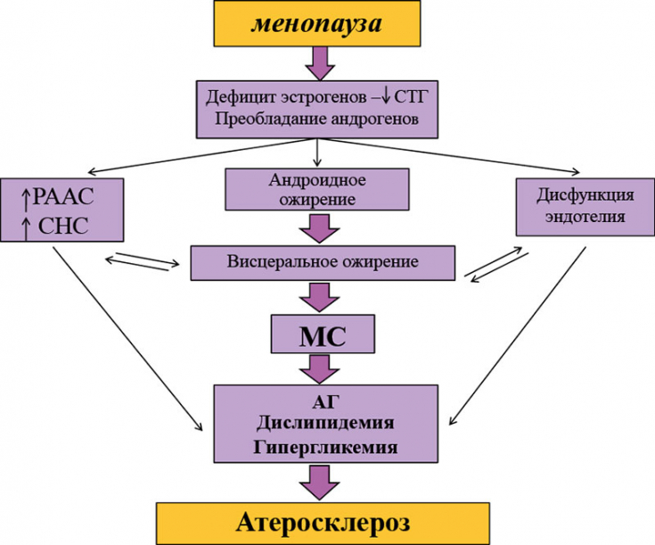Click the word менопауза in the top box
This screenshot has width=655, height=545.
[317, 23]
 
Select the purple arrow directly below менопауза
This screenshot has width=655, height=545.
[318, 62]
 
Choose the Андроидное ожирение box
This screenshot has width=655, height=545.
[318, 189]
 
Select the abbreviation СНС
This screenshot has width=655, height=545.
[62, 226]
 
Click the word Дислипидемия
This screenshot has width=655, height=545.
[318, 421]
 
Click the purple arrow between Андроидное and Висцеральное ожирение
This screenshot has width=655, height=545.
[318, 227]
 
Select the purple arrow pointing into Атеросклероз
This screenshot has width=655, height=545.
[318, 483]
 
